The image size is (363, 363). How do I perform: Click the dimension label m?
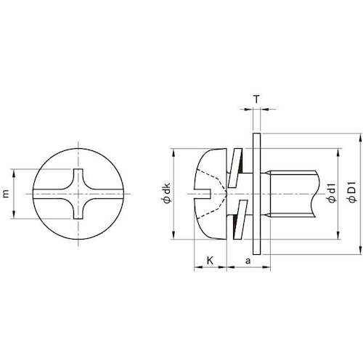point(7,194)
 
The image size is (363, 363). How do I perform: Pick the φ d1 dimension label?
point(330,193)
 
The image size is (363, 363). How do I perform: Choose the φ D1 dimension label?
point(351,193)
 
